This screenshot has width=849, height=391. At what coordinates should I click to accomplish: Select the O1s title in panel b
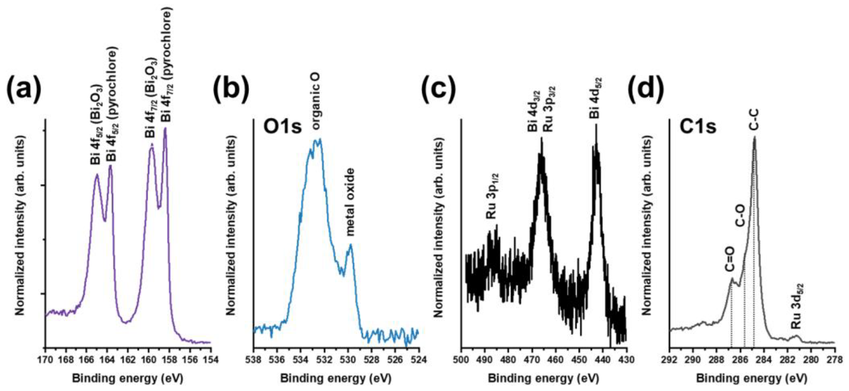coord(282,127)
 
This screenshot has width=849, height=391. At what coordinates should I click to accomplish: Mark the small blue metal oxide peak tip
coord(350,245)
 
